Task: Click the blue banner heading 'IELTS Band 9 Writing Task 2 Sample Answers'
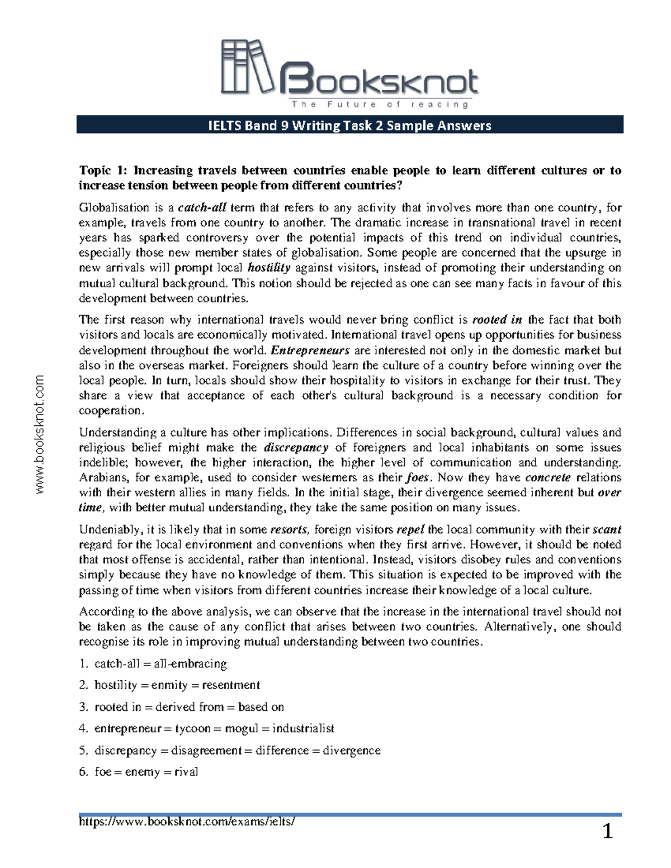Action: (349, 125)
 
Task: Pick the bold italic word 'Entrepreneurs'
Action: (310, 350)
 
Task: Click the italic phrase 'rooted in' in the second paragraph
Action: (497, 320)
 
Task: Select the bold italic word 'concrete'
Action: (548, 478)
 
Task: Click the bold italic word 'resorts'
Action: (288, 530)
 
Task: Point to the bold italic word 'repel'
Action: (410, 530)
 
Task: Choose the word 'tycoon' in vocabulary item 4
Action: (193, 729)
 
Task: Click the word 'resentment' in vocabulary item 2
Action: (231, 685)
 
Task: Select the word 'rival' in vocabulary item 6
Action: (186, 772)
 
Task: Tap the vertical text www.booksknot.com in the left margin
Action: (40, 435)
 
